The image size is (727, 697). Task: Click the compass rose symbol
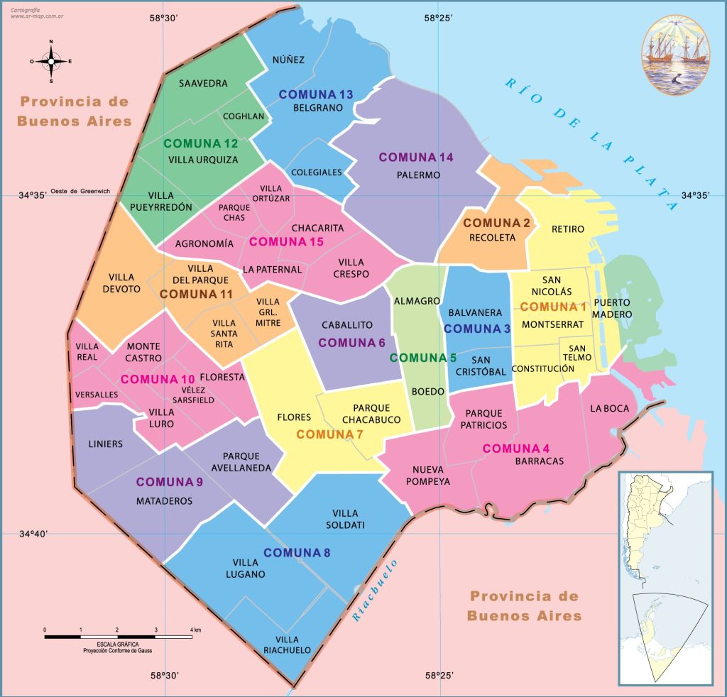51,61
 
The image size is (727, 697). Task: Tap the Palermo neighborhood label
419,175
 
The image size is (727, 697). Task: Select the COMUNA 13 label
316,94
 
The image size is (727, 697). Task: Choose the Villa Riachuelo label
287,644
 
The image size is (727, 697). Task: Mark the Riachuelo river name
376,591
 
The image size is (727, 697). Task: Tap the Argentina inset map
665,577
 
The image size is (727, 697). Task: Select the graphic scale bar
118,637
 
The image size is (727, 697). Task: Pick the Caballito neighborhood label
347,324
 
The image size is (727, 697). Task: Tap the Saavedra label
203,83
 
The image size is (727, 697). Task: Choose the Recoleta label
492,238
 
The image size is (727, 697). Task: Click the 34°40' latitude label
33,534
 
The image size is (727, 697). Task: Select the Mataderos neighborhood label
165,500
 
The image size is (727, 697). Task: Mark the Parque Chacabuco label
376,414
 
